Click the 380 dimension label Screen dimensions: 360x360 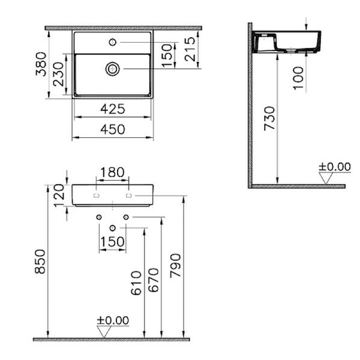41,64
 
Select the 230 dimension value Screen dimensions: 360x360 58,74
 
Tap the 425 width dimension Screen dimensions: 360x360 113,109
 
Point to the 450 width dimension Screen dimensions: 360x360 113,129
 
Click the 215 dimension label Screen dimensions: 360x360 190,49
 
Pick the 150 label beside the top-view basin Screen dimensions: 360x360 167,55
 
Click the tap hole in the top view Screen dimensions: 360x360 113,42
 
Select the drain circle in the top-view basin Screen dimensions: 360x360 113,69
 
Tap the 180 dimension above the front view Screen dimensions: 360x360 113,172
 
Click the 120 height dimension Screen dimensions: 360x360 59,195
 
